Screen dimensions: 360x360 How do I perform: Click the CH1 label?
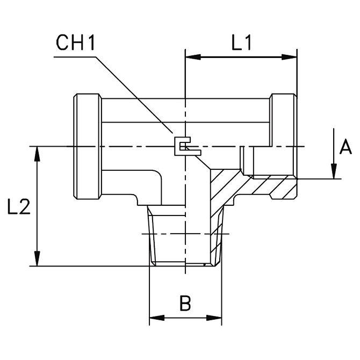(x=76, y=42)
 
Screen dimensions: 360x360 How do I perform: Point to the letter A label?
(x=346, y=146)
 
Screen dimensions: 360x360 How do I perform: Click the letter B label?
(x=185, y=304)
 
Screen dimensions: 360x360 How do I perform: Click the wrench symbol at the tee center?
(x=183, y=146)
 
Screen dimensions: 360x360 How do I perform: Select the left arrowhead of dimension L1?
(x=190, y=56)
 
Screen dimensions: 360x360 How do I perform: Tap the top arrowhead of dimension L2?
(x=37, y=152)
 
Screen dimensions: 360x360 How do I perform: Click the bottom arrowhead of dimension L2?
(x=37, y=260)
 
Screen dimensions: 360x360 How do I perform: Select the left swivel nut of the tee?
(x=87, y=146)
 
